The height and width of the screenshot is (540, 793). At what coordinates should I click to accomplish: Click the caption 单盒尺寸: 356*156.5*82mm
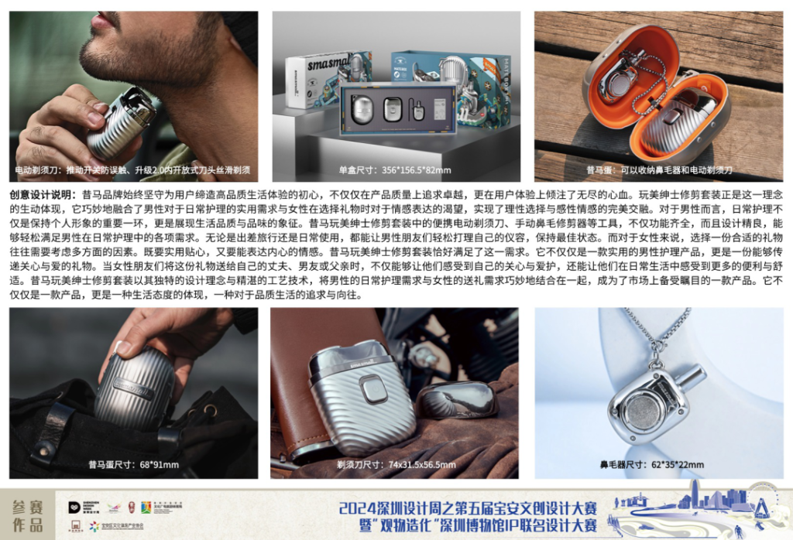pos(395,170)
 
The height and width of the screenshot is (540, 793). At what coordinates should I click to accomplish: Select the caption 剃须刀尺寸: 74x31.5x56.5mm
pos(396,465)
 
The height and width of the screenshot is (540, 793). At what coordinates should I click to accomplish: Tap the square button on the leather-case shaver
pos(374,389)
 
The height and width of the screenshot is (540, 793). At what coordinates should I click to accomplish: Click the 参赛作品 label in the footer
pos(28,516)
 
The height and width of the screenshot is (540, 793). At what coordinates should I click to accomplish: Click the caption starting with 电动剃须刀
pos(132,170)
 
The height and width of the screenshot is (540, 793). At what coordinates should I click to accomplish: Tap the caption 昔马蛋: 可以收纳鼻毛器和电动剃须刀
pos(658,170)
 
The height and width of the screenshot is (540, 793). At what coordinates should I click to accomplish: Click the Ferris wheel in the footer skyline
pos(762,507)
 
